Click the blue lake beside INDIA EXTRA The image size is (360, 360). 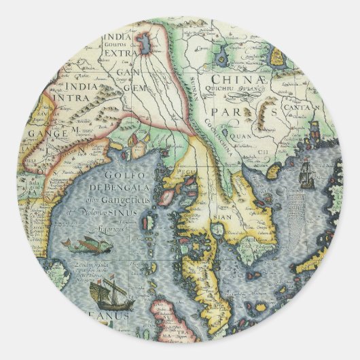[144, 45]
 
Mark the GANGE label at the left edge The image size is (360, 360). [48, 133]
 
